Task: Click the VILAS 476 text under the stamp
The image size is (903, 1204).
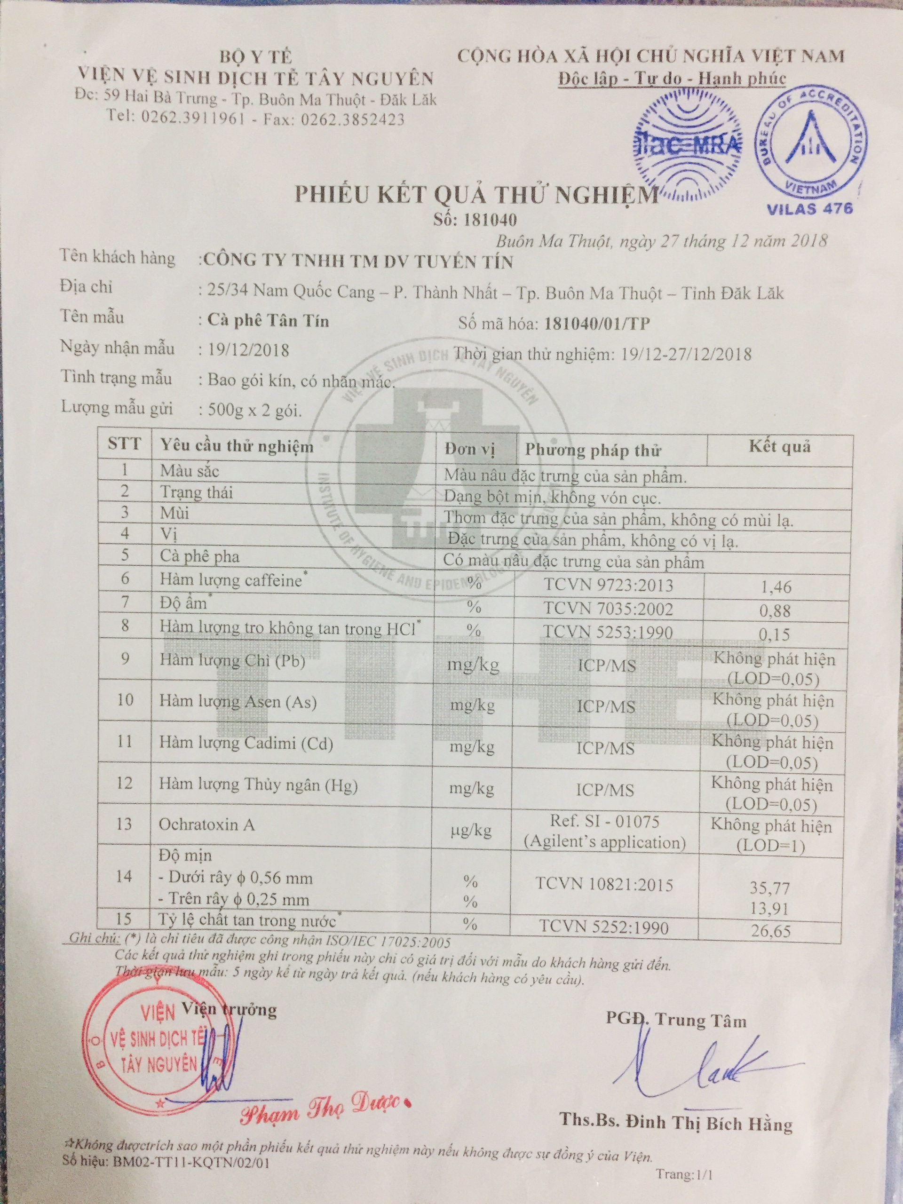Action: click(809, 208)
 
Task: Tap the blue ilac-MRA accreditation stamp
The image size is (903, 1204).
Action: click(688, 143)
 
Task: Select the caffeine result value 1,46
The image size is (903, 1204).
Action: click(775, 587)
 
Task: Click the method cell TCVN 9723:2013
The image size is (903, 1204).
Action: click(608, 585)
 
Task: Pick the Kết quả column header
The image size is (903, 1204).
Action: click(779, 447)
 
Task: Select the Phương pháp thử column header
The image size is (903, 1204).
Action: click(593, 450)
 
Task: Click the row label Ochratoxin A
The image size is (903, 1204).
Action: click(206, 824)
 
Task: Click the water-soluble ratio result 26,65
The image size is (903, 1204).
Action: click(771, 931)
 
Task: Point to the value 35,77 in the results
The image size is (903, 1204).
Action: click(769, 888)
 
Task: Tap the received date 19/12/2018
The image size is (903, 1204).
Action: click(248, 349)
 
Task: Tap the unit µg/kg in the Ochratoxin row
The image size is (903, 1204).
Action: click(471, 830)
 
